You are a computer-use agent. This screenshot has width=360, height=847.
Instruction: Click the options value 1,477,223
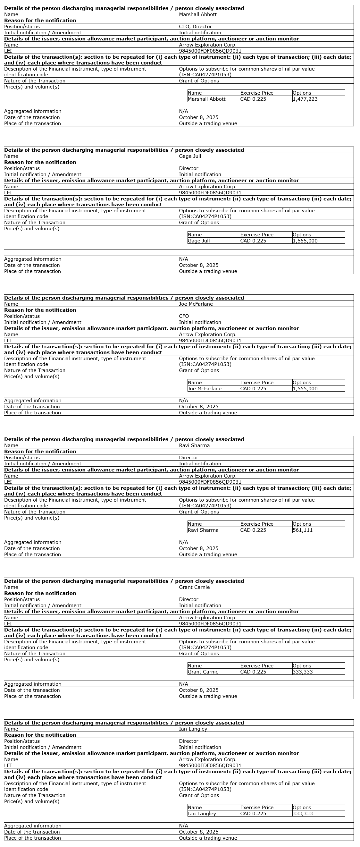[305, 99]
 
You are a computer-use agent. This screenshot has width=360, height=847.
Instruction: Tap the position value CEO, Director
[195, 27]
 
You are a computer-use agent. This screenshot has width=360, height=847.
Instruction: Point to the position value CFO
[184, 316]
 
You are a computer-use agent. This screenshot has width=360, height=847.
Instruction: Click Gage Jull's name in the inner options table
[198, 241]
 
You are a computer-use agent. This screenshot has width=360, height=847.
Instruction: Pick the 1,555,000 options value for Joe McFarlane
[305, 389]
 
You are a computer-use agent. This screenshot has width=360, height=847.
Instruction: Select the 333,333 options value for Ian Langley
[303, 813]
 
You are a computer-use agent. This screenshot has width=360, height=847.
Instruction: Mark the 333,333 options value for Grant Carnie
[303, 672]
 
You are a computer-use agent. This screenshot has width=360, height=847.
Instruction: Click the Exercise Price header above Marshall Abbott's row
[257, 93]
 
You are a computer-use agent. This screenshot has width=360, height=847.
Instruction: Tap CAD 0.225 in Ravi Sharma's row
[253, 530]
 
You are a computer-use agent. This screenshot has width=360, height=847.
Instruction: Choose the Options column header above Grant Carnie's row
[302, 666]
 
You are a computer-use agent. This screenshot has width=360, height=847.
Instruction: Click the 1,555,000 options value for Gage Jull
[305, 241]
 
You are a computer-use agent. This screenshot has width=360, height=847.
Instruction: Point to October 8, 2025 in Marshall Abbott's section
[198, 117]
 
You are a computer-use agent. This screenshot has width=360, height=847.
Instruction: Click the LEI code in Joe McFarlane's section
[210, 341]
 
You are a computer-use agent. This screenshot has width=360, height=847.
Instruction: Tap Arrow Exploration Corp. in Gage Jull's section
[208, 187]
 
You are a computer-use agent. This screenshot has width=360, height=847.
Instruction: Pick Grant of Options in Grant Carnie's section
[199, 654]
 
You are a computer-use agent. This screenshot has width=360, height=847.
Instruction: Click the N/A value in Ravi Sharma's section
[183, 542]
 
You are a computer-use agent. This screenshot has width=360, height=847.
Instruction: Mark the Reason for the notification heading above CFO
[40, 310]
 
